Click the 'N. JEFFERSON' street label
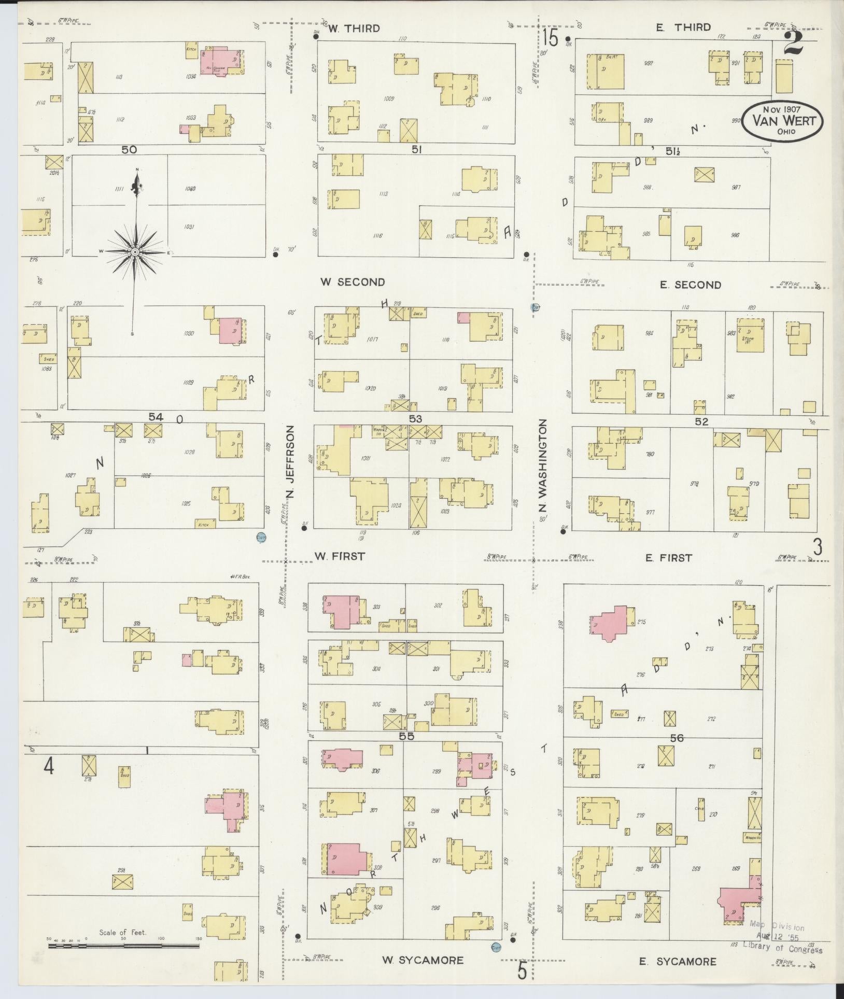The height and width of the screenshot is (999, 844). tap(290, 463)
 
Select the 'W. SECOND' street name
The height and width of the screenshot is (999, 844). tap(353, 283)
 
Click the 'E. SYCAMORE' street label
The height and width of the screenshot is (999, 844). tap(677, 962)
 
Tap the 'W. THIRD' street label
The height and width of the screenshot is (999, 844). tap(354, 29)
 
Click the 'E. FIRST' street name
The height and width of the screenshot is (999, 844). tap(668, 558)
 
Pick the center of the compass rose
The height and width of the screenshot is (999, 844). tap(135, 252)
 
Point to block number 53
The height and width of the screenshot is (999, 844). tap(415, 419)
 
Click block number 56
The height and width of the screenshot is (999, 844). tap(677, 738)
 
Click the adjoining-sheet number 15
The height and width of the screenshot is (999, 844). tap(551, 38)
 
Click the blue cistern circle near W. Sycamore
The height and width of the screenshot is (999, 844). tap(496, 947)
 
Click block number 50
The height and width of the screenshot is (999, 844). tap(129, 149)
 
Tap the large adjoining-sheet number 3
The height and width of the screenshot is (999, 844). tap(818, 547)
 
